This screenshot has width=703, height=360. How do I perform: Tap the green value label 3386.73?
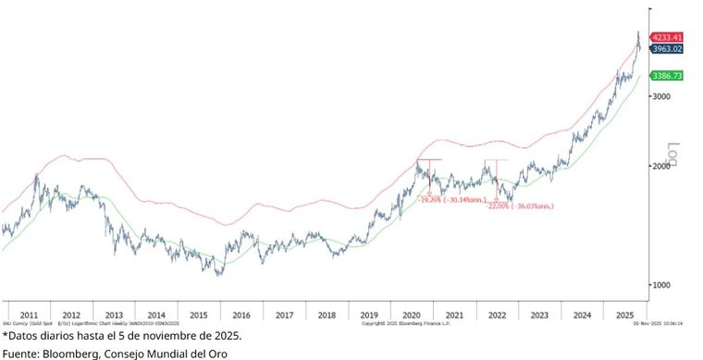(666, 75)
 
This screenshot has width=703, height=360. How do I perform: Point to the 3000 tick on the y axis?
(660, 96)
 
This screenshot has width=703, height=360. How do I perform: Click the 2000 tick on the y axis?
(660, 166)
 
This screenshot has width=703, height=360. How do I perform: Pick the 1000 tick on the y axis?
(660, 284)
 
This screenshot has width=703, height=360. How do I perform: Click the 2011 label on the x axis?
(29, 316)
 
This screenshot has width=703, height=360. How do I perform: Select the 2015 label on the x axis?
(199, 316)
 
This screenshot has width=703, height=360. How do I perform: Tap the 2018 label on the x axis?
(327, 316)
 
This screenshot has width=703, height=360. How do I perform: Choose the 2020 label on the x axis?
(412, 316)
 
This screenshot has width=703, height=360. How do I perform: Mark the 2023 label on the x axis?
(539, 316)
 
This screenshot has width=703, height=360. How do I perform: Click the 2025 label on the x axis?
(624, 316)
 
